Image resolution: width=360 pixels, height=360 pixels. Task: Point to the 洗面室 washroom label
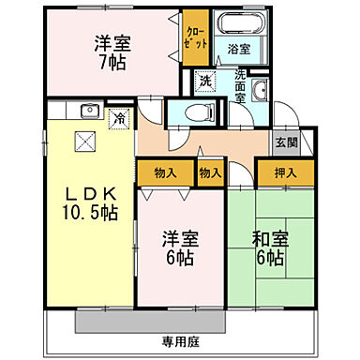pyautogui.click(x=241, y=85)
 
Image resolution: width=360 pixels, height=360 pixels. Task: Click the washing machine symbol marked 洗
pyautogui.click(x=204, y=82)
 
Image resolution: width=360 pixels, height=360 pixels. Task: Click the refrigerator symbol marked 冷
pyautogui.click(x=119, y=119)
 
